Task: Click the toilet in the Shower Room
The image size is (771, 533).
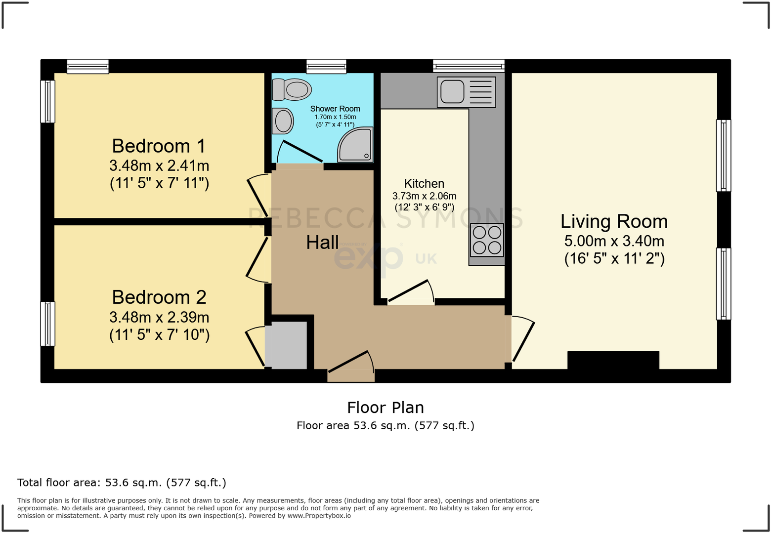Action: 292,89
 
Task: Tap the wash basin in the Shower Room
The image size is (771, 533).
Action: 283,121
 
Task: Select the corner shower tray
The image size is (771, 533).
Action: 355,145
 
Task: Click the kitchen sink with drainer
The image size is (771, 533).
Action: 466,92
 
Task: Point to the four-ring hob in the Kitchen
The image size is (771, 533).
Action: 487,240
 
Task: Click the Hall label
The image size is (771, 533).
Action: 322,243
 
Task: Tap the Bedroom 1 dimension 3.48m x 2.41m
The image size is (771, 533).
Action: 159,165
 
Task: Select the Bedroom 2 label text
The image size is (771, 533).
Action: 159,297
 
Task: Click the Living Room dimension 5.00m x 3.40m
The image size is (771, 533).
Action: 614,241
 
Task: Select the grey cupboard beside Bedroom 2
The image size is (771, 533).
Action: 286,345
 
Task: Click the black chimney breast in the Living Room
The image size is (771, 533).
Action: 613,360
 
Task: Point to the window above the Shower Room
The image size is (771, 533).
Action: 326,66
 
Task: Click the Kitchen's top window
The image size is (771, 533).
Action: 469,66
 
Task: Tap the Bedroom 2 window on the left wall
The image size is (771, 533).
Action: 47,324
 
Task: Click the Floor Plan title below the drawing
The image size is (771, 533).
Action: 385,408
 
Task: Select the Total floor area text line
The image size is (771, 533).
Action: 122,483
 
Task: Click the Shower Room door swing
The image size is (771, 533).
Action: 300,152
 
